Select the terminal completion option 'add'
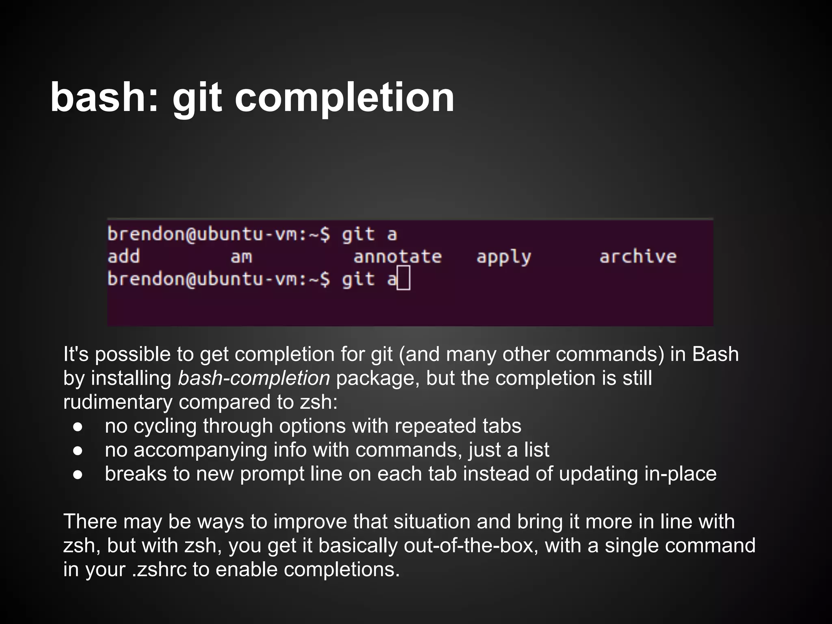[x=123, y=256]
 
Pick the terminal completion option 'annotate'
[x=397, y=257]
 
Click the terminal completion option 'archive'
[x=638, y=256]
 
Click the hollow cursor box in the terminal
[x=403, y=278]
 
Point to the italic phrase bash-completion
[x=254, y=378]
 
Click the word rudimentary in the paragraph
[x=118, y=402]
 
